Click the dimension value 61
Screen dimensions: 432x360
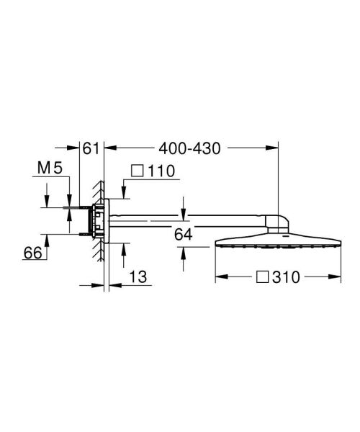pyautogui.click(x=90, y=148)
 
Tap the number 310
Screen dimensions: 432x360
pyautogui.click(x=283, y=276)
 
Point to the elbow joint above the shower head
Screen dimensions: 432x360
pyautogui.click(x=276, y=222)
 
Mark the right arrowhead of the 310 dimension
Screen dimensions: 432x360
pyautogui.click(x=338, y=276)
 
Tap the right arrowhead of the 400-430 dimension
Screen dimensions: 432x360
pyautogui.click(x=275, y=148)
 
